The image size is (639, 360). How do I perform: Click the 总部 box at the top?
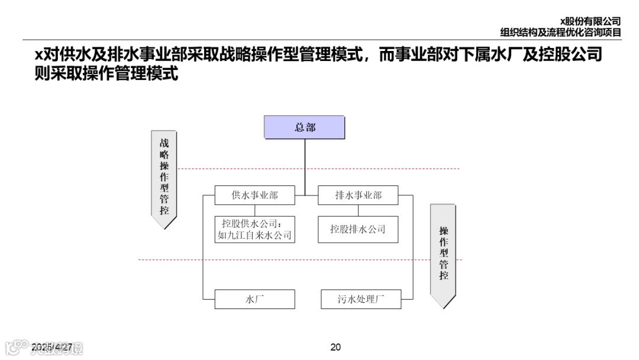pyautogui.click(x=304, y=127)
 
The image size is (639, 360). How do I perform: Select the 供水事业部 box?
pyautogui.click(x=254, y=195)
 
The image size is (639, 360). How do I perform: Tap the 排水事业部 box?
pyautogui.click(x=358, y=195)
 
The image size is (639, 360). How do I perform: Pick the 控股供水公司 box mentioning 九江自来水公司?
pyautogui.click(x=254, y=229)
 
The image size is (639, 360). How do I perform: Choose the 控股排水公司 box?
pyautogui.click(x=358, y=229)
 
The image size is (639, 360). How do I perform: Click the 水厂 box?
pyautogui.click(x=254, y=299)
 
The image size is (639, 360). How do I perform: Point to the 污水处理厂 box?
pyautogui.click(x=361, y=299)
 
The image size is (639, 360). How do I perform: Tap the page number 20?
pyautogui.click(x=335, y=347)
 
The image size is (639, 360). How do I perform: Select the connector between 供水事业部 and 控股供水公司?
pyautogui.click(x=254, y=210)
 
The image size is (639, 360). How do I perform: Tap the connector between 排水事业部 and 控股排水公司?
pyautogui.click(x=358, y=210)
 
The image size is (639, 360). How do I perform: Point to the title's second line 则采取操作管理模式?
pyautogui.click(x=106, y=74)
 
